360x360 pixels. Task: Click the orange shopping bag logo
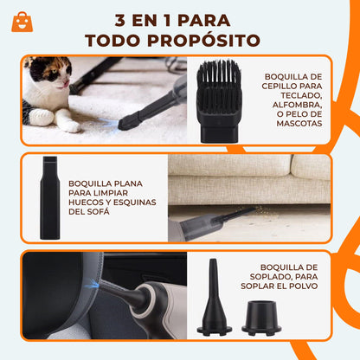click(23, 22)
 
